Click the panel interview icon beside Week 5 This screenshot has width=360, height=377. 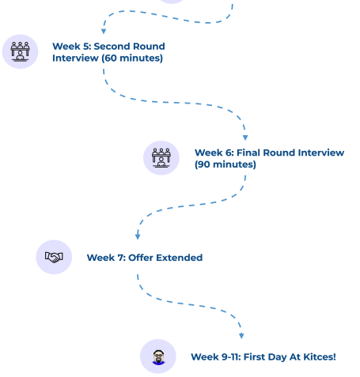click(x=20, y=51)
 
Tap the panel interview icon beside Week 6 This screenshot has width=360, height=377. click(x=161, y=158)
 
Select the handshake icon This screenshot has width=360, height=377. click(x=54, y=257)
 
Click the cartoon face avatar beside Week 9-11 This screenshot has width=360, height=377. click(x=158, y=357)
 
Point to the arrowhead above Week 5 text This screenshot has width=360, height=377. click(x=104, y=32)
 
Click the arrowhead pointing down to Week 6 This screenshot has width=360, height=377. click(x=245, y=138)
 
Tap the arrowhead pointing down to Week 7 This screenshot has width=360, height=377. click(x=138, y=236)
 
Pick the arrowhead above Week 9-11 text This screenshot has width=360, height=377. click(x=241, y=336)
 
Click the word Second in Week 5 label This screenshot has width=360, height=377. click(x=112, y=47)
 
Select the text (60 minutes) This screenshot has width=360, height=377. click(x=132, y=58)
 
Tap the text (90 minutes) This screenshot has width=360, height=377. click(x=225, y=164)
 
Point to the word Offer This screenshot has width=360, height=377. click(x=141, y=258)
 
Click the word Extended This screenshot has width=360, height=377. click(x=180, y=258)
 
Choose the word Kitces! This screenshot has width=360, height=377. click(x=320, y=357)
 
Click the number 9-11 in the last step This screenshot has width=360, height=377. click(x=231, y=357)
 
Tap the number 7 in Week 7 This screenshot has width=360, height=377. click(x=121, y=258)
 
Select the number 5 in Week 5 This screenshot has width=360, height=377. click(x=86, y=47)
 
